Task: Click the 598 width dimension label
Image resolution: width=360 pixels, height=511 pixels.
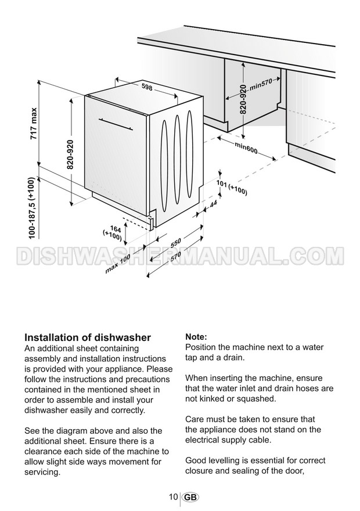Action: [147, 87]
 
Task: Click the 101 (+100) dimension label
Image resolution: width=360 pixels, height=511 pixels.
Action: [232, 187]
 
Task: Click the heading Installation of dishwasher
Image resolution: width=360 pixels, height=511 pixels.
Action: [88, 337]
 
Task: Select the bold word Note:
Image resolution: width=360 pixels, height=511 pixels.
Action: [196, 337]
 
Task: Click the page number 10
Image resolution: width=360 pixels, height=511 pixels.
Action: [174, 497]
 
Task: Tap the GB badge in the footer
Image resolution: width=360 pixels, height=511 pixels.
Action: [189, 498]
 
